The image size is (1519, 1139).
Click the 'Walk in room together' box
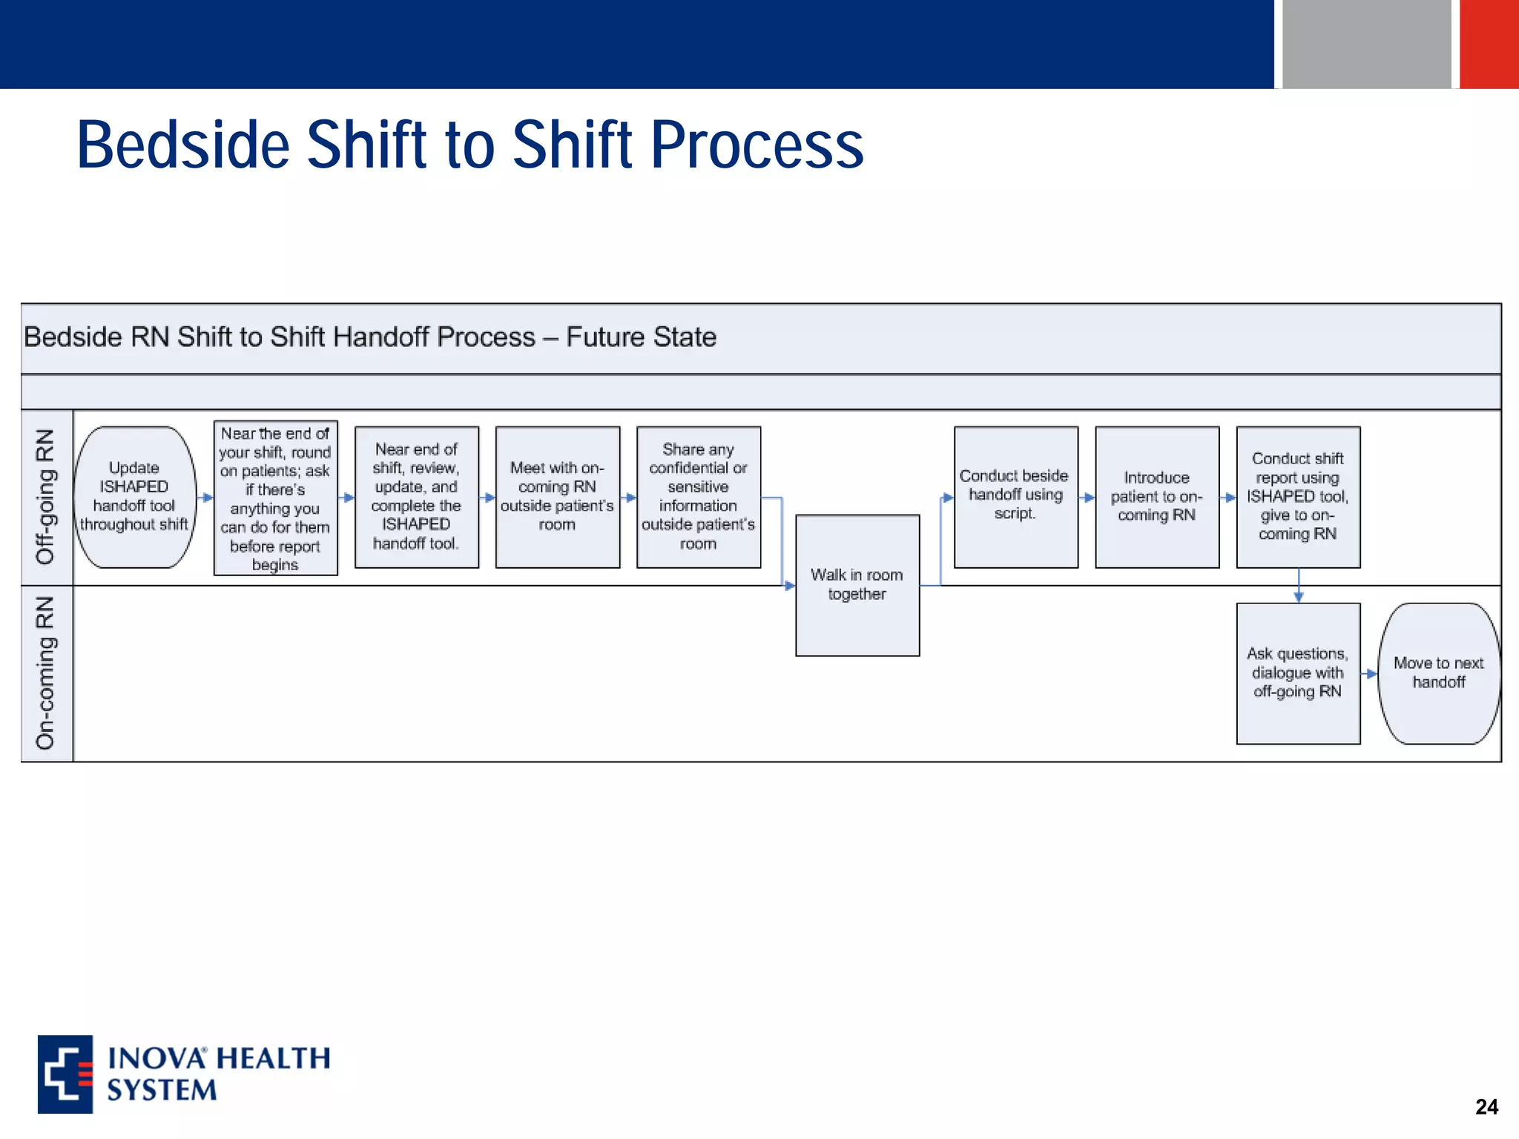click(x=857, y=585)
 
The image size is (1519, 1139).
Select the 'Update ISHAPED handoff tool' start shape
click(x=134, y=497)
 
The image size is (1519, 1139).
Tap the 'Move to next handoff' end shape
click(x=1438, y=673)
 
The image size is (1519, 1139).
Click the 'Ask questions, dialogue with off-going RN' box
click(x=1298, y=673)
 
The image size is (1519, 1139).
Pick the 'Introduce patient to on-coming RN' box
click(x=1157, y=497)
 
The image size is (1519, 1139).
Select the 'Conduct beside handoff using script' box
click(x=1015, y=497)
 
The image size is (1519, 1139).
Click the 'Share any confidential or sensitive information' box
click(x=699, y=497)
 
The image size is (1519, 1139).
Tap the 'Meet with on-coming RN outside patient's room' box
click(x=558, y=497)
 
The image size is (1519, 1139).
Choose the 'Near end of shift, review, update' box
click(x=417, y=497)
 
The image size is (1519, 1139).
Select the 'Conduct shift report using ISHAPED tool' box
click(x=1298, y=497)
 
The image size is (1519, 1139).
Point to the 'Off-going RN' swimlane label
click(x=46, y=497)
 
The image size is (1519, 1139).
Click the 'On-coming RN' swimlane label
click(x=46, y=673)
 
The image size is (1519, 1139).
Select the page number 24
click(x=1486, y=1106)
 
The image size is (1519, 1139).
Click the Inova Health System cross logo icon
click(x=65, y=1074)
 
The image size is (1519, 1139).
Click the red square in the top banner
click(x=1489, y=44)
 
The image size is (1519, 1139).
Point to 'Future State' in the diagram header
click(x=641, y=337)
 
